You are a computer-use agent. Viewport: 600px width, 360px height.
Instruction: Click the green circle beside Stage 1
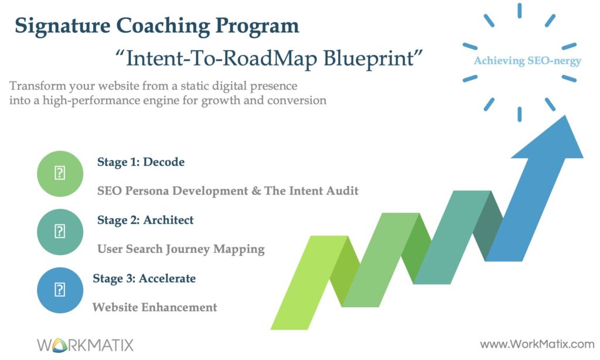click(60, 174)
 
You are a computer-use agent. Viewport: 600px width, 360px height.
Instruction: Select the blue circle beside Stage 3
click(60, 290)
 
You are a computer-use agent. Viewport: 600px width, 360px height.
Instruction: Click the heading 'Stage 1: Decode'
click(141, 162)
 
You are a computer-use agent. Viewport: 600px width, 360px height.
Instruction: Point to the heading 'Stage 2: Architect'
click(145, 220)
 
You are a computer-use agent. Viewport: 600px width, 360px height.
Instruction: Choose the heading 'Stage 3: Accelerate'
click(144, 279)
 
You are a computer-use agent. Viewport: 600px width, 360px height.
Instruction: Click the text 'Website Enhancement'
click(155, 307)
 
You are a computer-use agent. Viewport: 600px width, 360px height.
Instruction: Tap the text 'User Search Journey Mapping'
click(181, 249)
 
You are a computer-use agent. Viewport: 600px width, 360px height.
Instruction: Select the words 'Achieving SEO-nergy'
click(527, 61)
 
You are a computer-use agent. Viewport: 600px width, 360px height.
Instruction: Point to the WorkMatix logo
click(86, 344)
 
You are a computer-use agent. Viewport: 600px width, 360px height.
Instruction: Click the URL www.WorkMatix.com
click(537, 344)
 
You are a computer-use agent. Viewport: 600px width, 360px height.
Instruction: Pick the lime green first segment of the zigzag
click(300, 281)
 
